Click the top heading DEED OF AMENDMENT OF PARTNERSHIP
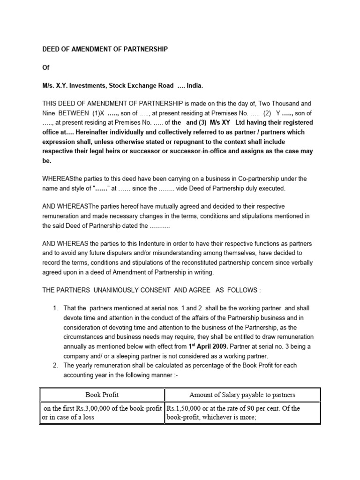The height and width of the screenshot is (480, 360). pos(105,49)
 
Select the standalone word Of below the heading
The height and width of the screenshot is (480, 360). pos(45,67)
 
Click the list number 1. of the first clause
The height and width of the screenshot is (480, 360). pos(55,308)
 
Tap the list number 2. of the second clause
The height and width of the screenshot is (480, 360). pos(55,365)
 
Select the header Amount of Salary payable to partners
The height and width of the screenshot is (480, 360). pos(242,395)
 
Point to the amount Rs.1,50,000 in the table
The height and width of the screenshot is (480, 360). pos(185,408)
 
